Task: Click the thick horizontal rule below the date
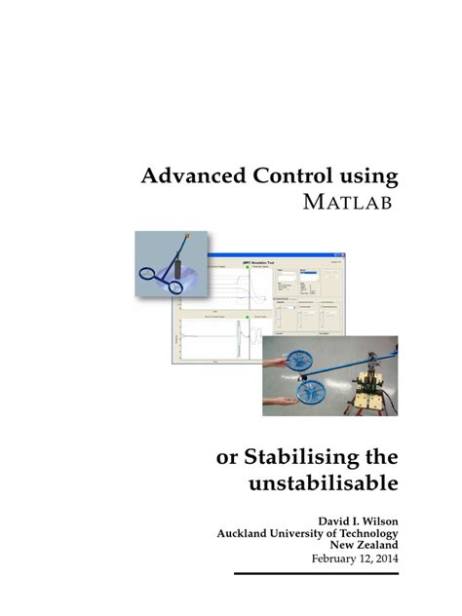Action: [x=317, y=575]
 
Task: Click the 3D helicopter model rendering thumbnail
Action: [x=172, y=265]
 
